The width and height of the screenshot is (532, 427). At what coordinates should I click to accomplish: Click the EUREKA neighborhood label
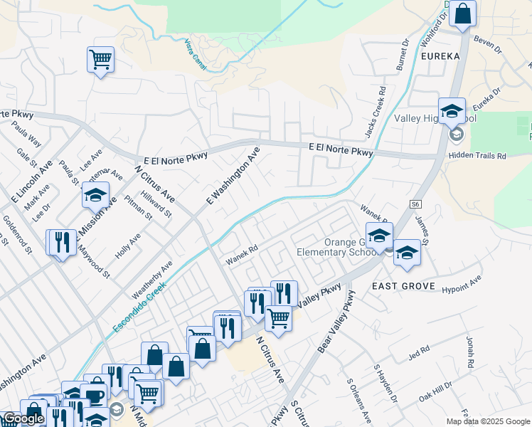[440, 56]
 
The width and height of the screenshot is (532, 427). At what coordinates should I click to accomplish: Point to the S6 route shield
[415, 204]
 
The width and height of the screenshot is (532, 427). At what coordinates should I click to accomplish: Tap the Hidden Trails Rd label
[477, 155]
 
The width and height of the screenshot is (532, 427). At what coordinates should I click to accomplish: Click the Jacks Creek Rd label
[378, 105]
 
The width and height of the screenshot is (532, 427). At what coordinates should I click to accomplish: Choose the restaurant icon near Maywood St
[61, 242]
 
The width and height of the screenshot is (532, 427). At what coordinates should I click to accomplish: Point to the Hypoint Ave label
[462, 283]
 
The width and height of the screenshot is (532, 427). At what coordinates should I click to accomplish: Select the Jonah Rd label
[469, 352]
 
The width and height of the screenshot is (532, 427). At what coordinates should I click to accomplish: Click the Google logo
[23, 419]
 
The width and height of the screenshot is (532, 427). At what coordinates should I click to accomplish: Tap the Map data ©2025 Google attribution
[488, 421]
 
